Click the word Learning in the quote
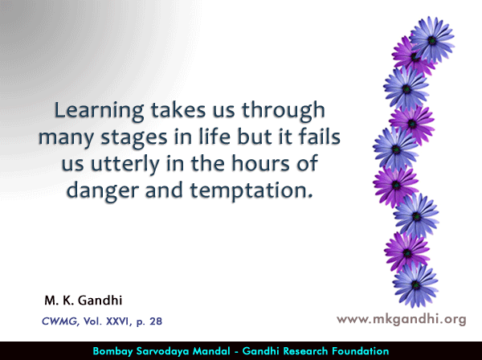pos(99,112)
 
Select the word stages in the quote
pos(134,138)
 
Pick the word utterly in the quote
pos(125,165)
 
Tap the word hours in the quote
pos(260,162)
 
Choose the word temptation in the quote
pos(251,191)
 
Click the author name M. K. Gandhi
pos(84,301)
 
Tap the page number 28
pos(156,321)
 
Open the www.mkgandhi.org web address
pos(402,319)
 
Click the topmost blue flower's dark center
pos(432,40)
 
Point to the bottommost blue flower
pos(415,285)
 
